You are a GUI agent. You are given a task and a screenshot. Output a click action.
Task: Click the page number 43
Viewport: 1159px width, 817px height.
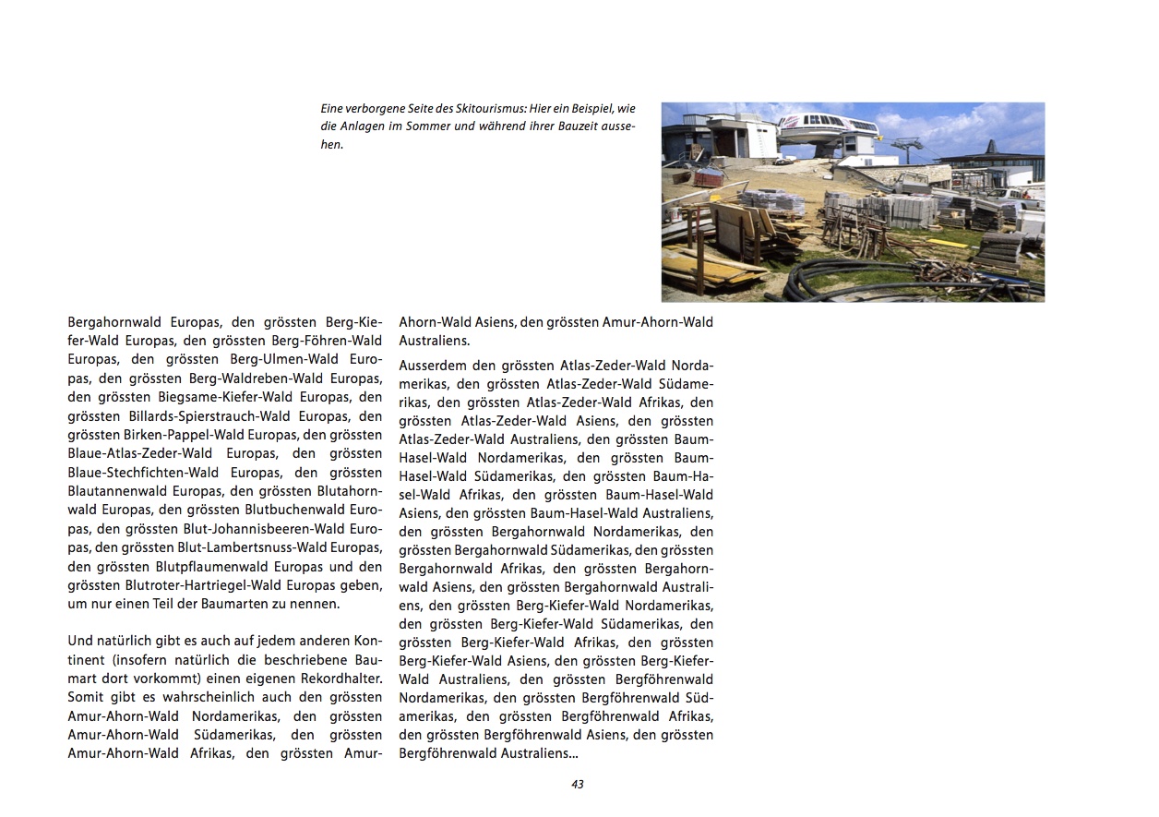tap(578, 785)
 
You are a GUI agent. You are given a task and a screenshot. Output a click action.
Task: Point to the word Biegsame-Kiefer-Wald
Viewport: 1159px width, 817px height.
tap(217, 398)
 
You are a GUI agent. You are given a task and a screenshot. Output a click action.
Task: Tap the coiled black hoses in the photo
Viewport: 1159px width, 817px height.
tap(830, 277)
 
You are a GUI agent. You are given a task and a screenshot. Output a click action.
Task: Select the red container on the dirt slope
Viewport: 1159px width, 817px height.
tap(709, 176)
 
